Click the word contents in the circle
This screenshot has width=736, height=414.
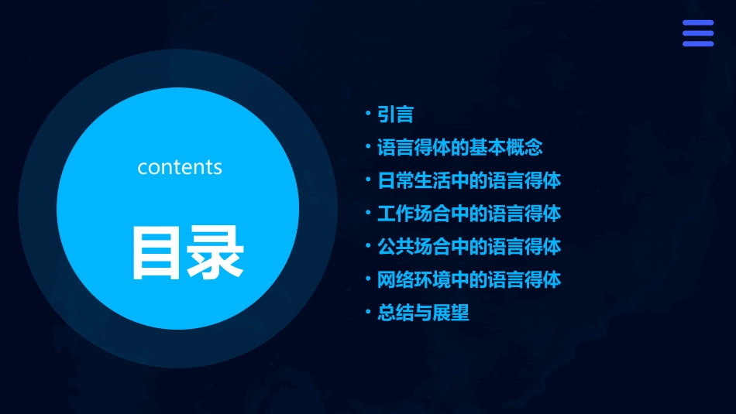[180, 167]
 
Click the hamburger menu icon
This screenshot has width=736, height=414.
[697, 33]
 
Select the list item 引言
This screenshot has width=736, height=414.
[395, 115]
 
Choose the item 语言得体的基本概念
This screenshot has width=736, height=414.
[460, 147]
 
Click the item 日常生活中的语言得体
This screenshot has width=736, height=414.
[469, 180]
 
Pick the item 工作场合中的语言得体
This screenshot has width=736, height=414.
[469, 213]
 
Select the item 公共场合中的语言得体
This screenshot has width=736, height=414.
[469, 247]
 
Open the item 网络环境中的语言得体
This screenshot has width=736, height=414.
[469, 279]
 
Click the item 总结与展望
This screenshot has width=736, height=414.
[423, 313]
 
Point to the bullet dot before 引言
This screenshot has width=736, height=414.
[369, 114]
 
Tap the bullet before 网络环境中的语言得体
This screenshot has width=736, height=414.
[369, 279]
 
